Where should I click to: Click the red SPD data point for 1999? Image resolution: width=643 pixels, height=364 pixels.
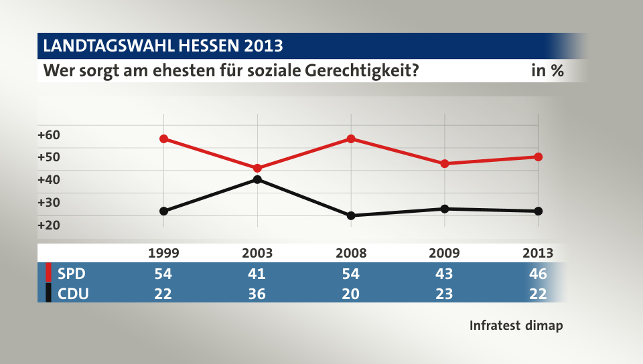pyautogui.click(x=163, y=139)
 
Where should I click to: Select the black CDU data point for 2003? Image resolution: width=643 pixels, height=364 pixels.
pyautogui.click(x=257, y=179)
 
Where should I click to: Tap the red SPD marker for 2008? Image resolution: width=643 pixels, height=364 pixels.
pyautogui.click(x=351, y=139)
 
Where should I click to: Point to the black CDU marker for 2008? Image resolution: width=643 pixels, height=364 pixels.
pyautogui.click(x=351, y=215)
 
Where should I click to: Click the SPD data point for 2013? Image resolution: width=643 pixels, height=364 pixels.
pyautogui.click(x=538, y=157)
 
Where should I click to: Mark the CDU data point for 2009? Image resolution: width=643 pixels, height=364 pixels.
pyautogui.click(x=445, y=209)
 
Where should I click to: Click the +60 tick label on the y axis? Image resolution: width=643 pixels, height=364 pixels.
pyautogui.click(x=49, y=134)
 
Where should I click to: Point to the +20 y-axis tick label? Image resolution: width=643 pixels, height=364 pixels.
pyautogui.click(x=49, y=225)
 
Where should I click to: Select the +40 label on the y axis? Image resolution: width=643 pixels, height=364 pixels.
pyautogui.click(x=49, y=179)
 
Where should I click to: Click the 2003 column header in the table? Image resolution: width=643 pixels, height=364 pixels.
pyautogui.click(x=257, y=253)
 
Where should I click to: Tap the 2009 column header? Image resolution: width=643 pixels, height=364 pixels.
pyautogui.click(x=444, y=253)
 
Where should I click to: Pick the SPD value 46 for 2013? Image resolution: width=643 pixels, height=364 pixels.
pyautogui.click(x=537, y=274)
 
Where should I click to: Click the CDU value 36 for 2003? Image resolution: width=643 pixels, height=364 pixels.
pyautogui.click(x=257, y=293)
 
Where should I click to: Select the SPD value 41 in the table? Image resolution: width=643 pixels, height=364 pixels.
pyautogui.click(x=257, y=274)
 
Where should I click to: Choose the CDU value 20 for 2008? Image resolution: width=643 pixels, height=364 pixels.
pyautogui.click(x=351, y=293)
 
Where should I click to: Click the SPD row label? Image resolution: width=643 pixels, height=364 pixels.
pyautogui.click(x=72, y=274)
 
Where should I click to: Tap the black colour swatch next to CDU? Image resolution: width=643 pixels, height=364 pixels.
pyautogui.click(x=48, y=293)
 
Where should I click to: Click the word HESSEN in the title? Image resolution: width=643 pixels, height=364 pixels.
pyautogui.click(x=209, y=46)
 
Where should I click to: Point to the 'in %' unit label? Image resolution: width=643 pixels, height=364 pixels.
pyautogui.click(x=547, y=70)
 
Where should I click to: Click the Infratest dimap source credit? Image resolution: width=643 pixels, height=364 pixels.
pyautogui.click(x=516, y=326)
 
